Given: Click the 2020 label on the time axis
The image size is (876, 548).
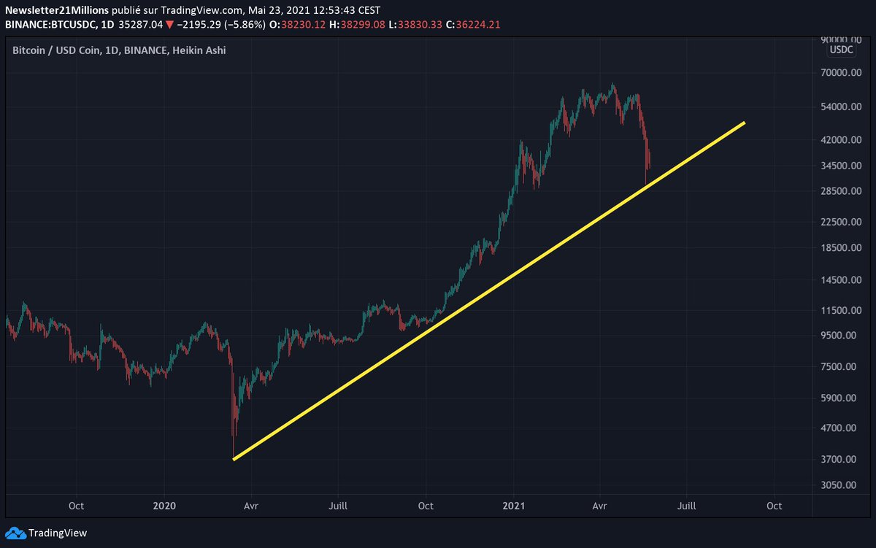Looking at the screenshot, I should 165,506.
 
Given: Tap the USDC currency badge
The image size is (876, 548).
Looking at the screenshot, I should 840,50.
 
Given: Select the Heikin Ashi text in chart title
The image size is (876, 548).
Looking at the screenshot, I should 199,50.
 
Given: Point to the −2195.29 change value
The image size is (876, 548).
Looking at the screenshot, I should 199,25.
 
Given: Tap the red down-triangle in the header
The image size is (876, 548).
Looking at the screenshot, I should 169,25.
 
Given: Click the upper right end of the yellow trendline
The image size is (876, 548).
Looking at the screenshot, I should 744,123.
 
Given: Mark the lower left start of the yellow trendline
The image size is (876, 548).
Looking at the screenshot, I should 234,459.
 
